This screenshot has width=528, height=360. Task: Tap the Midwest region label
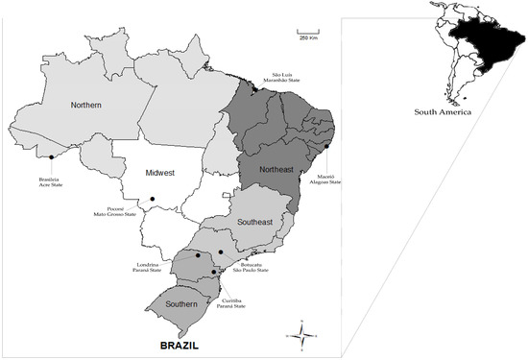[159, 173]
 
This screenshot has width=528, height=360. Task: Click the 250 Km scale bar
[307, 35]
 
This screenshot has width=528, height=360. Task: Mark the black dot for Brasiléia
[50, 156]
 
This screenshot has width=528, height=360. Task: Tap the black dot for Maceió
[328, 147]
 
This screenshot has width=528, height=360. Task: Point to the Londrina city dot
[198, 255]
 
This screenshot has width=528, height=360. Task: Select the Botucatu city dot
[221, 252]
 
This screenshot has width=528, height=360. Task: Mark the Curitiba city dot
[214, 273]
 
